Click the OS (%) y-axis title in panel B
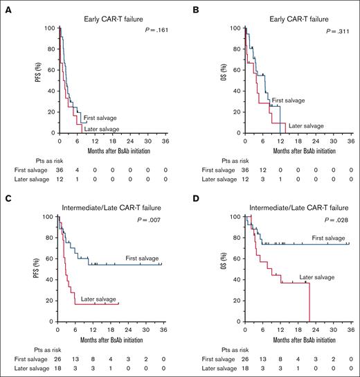click(215, 80)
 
